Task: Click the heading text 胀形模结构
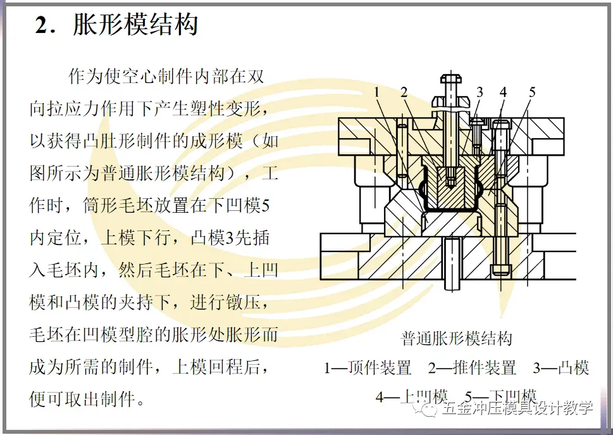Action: pyautogui.click(x=135, y=25)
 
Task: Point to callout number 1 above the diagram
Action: pyautogui.click(x=377, y=93)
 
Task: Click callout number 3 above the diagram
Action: pyautogui.click(x=480, y=92)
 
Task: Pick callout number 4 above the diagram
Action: pyautogui.click(x=503, y=92)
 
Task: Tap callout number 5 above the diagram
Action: pyautogui.click(x=532, y=92)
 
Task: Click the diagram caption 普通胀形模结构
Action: pyautogui.click(x=456, y=339)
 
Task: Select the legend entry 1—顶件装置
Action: pyautogui.click(x=368, y=368)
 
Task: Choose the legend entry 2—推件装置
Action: pyautogui.click(x=472, y=368)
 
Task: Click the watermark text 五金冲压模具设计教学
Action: pyautogui.click(x=517, y=408)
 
